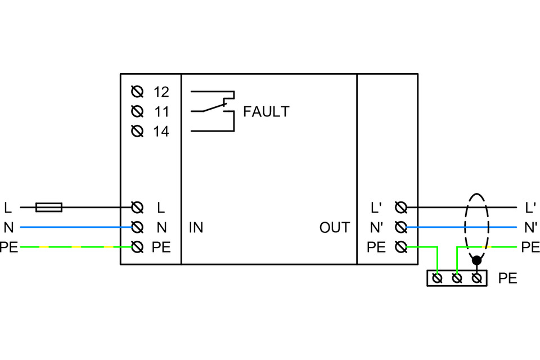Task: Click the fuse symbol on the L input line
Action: (49, 208)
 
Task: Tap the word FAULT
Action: (266, 111)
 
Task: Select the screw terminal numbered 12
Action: (136, 92)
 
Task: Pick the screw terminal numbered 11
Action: (136, 111)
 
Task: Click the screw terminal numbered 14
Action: (136, 132)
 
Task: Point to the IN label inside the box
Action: (196, 228)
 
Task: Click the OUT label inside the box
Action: (335, 228)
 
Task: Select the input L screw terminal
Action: (136, 208)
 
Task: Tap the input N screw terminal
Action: (136, 228)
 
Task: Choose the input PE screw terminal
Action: (136, 247)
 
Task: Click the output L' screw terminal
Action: (401, 208)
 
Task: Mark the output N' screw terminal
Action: (401, 228)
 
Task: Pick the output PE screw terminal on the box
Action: (401, 247)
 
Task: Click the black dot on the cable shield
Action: (477, 260)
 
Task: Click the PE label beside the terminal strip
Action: (507, 278)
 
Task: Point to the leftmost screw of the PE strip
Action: (438, 278)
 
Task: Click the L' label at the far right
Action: (530, 208)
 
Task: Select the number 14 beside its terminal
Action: (161, 132)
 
